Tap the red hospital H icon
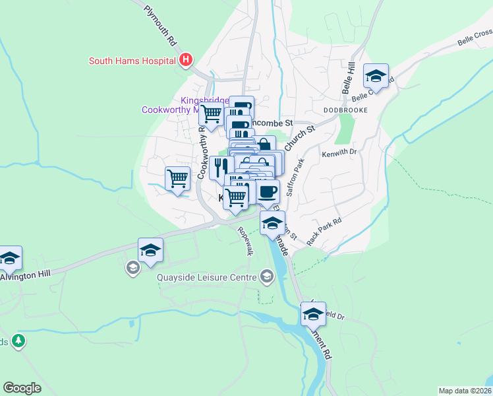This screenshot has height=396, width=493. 186,61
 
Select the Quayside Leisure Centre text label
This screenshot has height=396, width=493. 206,277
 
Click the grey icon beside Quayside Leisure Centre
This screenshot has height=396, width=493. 267,277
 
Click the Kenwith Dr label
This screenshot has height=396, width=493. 339,153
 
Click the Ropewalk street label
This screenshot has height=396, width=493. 245,241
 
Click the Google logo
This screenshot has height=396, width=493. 22,388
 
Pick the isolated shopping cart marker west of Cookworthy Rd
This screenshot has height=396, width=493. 177,178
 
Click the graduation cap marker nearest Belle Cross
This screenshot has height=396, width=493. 376,76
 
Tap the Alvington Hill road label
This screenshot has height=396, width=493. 24,277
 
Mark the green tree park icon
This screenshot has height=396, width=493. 19,341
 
